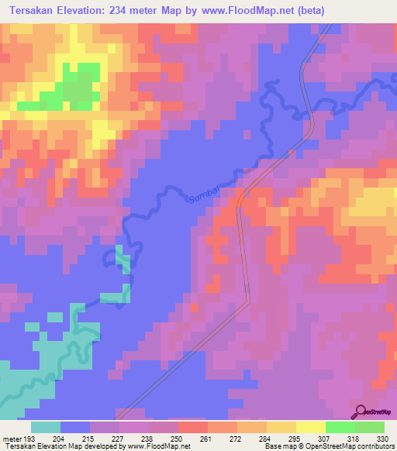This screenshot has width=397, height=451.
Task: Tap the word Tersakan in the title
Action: [x=32, y=10]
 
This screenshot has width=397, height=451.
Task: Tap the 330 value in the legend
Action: [x=381, y=438]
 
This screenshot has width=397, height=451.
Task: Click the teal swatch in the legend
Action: [x=46, y=427]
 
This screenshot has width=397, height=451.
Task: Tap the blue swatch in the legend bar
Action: [x=75, y=427]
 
